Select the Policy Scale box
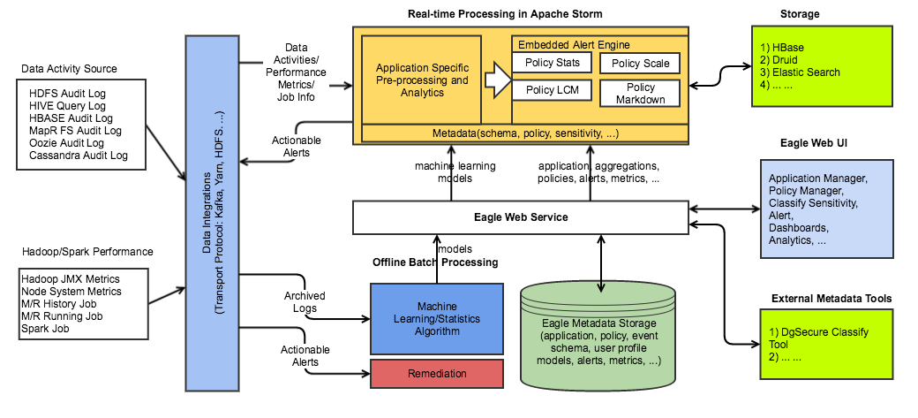pos(640,63)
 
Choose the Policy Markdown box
pos(640,94)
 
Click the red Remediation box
pos(436,374)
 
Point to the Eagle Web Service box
pos(520,217)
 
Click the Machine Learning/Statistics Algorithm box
pos(436,317)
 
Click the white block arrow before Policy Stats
pos(497,80)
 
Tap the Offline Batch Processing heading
pos(435,262)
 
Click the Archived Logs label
pos(305,302)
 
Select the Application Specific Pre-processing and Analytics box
pos(422,80)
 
